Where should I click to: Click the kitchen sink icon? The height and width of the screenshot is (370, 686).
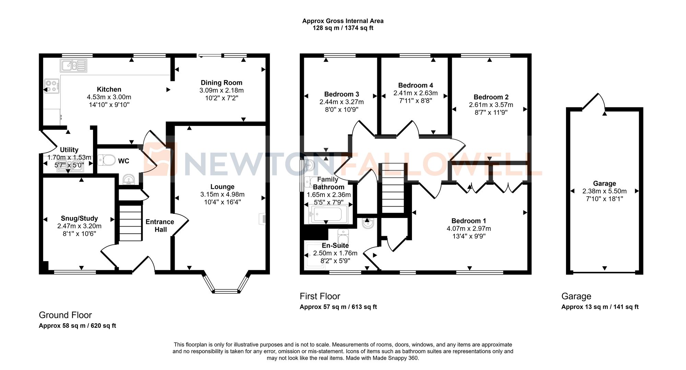click(73, 65)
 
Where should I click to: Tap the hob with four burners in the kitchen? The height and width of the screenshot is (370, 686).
click(52, 86)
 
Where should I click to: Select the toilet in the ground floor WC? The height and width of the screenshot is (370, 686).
click(107, 160)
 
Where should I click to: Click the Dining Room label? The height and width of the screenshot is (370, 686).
click(221, 83)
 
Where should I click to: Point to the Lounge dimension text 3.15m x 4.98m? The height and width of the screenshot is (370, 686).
click(222, 195)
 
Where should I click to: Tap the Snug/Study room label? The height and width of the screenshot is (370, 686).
click(79, 218)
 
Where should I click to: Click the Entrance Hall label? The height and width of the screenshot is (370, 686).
click(160, 226)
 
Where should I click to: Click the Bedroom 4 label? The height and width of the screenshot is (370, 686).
click(415, 85)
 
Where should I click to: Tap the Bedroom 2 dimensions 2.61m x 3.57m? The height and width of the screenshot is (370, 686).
click(491, 105)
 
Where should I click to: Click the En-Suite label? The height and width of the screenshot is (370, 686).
click(335, 245)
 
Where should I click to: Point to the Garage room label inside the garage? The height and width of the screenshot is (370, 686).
click(604, 183)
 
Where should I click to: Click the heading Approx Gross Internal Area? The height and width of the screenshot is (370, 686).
click(343, 21)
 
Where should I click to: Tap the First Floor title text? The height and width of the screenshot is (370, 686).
click(320, 296)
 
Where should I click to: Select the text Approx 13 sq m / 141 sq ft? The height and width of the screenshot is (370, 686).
click(600, 307)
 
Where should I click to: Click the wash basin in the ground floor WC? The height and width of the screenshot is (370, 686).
click(129, 180)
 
